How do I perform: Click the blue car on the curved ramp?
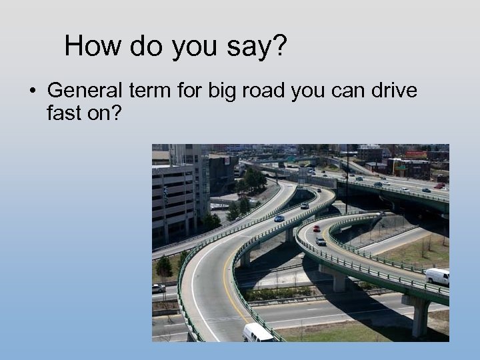click(279, 218)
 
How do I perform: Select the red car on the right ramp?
click(317, 229)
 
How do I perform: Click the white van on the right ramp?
click(437, 276)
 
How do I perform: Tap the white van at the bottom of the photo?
click(259, 333)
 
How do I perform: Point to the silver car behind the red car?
click(321, 241)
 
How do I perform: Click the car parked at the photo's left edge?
click(158, 288)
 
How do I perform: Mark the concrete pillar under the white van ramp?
click(420, 317)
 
